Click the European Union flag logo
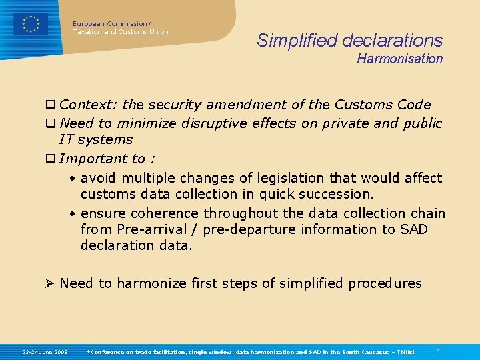[x=31, y=24]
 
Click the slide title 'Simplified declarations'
[x=349, y=41]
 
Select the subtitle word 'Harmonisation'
[x=399, y=59]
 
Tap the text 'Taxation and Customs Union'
[x=121, y=32]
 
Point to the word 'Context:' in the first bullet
[x=88, y=105]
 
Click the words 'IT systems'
[x=96, y=139]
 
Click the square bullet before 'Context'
[x=50, y=105]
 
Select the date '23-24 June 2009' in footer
[x=45, y=351]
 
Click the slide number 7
[x=437, y=351]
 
